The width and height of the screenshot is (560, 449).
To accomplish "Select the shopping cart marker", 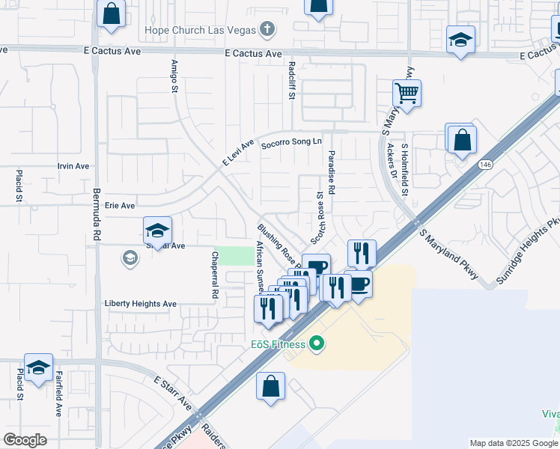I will coord(407,94).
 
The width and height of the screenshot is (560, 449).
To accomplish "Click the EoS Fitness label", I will coord(278,345).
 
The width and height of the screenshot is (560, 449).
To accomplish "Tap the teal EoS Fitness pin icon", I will coord(317,344).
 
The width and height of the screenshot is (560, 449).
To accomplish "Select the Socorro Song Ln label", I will coord(290,141).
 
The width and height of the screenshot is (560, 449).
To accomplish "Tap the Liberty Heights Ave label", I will coord(140,304).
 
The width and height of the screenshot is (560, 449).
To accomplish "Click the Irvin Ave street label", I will coord(73,166).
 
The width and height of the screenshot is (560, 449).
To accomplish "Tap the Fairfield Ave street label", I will coord(58,396).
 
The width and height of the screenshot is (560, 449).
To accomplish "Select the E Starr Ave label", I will coord(174,393).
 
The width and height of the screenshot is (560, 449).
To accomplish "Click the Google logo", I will coord(25,440).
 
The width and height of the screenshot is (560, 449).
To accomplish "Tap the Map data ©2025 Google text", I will coord(513,443).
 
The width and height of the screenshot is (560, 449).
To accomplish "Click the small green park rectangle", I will coord(235,255).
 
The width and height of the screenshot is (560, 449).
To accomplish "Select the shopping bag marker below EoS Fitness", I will coord(270,386).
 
